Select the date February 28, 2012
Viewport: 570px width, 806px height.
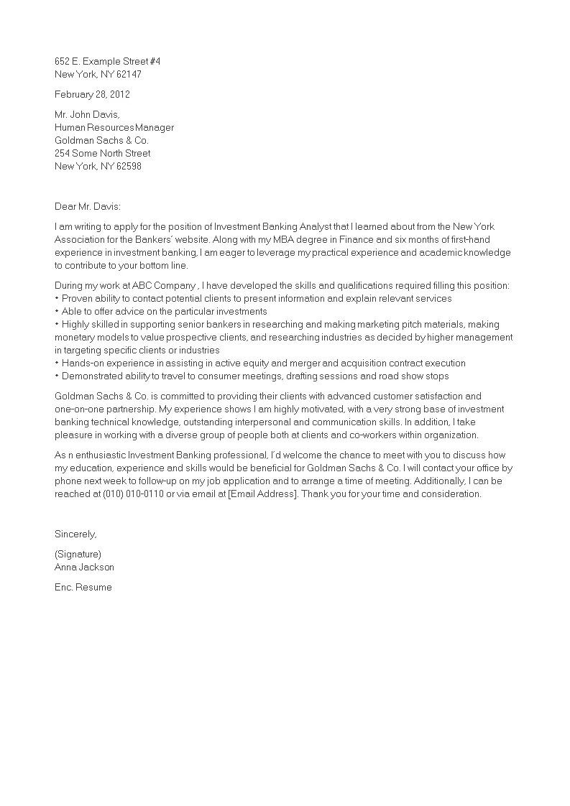coord(92,94)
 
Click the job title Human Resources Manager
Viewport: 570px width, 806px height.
coord(114,127)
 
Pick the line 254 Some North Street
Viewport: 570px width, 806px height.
coord(103,153)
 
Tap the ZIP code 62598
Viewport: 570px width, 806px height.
coord(138,166)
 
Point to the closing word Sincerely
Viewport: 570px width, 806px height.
coord(75,534)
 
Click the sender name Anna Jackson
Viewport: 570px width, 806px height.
coord(84,567)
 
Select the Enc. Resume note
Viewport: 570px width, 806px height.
coord(83,587)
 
